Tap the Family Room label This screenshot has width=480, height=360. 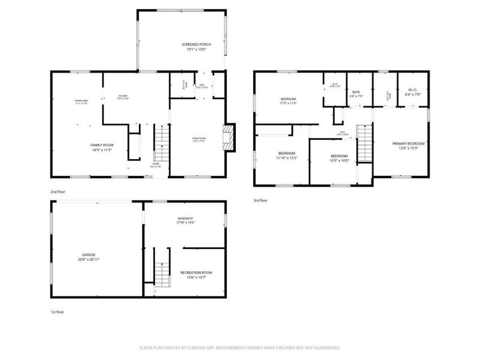tap(103, 145)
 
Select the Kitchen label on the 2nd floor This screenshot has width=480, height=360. tap(122, 96)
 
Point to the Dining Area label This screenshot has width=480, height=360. tap(82, 100)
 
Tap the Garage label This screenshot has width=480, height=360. tap(89, 254)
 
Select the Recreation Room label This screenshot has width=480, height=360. tap(196, 272)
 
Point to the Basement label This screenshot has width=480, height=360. tap(185, 218)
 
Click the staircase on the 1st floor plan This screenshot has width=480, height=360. tap(160, 275)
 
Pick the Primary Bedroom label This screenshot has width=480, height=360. tap(409, 143)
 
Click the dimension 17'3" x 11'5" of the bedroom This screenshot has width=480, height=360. tap(289, 103)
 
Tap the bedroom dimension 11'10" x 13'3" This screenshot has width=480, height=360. tap(287, 158)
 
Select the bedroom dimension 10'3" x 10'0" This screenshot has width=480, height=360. tap(340, 160)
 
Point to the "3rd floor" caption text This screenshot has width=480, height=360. tap(260, 200)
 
